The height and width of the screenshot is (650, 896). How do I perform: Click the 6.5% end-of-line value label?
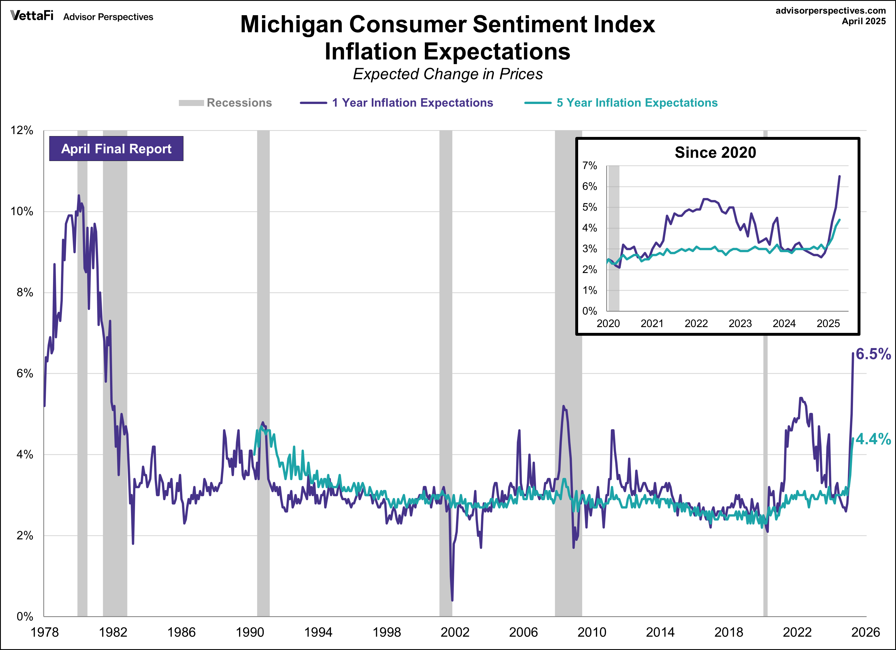point(873,354)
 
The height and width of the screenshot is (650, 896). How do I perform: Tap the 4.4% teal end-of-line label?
point(873,439)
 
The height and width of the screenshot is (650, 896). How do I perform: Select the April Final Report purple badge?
point(116,149)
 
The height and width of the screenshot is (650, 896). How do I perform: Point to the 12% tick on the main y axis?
point(22,130)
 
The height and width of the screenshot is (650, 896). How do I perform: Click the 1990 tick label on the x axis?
point(250,632)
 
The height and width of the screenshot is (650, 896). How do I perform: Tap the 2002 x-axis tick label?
point(455,632)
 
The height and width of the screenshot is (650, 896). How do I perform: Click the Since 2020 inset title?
point(715,152)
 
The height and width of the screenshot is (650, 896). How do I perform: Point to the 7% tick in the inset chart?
point(589,166)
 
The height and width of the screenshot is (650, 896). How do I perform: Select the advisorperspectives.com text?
point(830,11)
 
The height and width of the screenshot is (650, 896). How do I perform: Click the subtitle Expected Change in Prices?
point(448,74)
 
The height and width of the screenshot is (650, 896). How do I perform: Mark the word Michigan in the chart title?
point(292,24)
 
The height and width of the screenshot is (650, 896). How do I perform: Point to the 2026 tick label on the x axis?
point(865,632)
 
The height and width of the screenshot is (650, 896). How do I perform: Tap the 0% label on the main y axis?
point(24,616)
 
